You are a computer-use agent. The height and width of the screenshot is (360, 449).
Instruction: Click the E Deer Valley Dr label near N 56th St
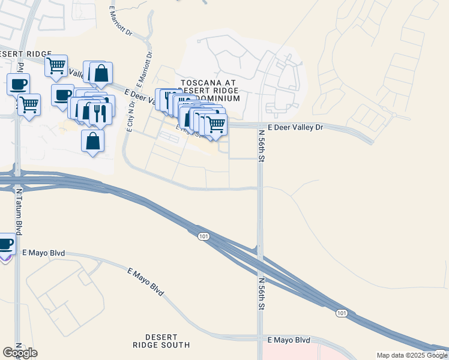coord(295,127)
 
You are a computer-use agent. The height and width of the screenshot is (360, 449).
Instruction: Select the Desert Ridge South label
coord(161,340)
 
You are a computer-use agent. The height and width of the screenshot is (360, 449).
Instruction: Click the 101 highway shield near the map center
coord(203,237)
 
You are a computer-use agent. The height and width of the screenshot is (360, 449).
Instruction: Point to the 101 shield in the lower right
coord(341,313)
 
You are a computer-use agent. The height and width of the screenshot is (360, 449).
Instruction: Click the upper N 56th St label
coord(262,146)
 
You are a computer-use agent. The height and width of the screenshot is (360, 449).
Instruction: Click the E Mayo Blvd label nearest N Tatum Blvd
coord(43,254)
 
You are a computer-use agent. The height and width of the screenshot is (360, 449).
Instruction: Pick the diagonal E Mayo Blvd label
coord(146,281)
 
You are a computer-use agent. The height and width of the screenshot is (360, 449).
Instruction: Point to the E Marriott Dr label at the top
coord(121,22)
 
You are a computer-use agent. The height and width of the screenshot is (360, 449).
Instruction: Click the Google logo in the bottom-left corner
coord(20,353)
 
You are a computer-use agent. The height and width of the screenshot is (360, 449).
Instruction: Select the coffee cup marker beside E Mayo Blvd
coord(5,245)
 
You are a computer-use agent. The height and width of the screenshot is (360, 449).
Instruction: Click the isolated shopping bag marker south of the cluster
coord(92,141)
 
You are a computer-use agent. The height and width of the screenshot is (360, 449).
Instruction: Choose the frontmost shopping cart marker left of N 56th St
coord(215,125)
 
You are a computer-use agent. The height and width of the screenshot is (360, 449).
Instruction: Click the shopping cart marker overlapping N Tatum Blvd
coord(29,104)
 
